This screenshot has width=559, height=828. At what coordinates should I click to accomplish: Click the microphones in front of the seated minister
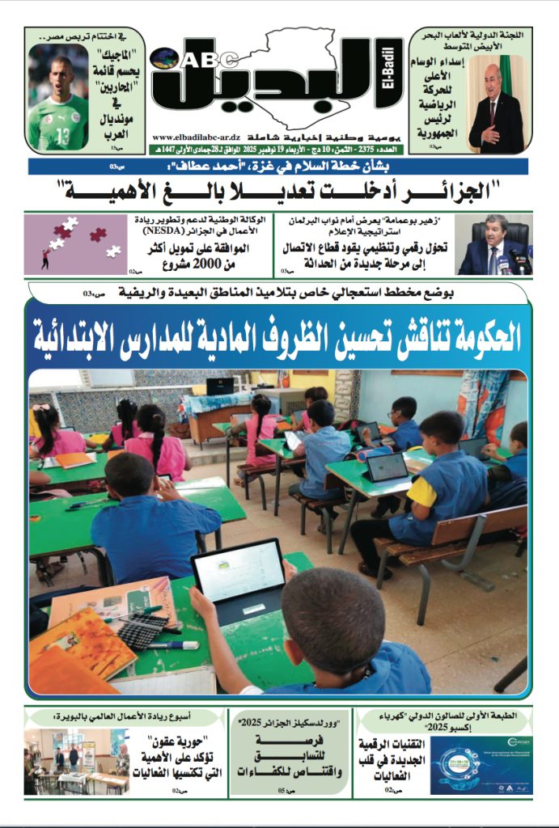click(x=508, y=264)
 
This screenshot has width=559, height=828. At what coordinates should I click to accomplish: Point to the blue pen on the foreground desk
click(x=173, y=645)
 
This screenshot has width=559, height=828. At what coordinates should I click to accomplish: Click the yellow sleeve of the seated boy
click(x=421, y=490)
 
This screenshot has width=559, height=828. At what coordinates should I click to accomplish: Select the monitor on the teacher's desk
click(x=220, y=387)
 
